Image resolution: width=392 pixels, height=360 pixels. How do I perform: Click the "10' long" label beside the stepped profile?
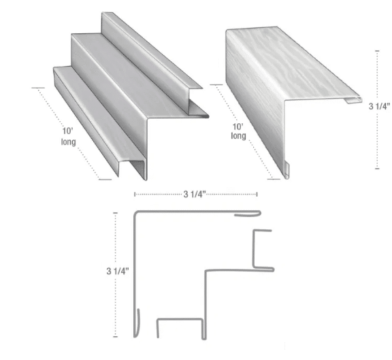pos(67,137)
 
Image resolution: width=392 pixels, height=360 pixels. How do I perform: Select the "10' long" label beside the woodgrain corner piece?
pos(238,131)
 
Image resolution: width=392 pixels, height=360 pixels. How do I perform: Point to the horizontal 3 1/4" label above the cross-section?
pos(195,194)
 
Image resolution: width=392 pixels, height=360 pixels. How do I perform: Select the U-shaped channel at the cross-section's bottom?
pos(180,327)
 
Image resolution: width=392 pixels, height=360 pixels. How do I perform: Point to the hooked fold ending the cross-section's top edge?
pos(249,215)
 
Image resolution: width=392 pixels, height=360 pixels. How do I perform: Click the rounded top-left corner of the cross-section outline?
pos(135,216)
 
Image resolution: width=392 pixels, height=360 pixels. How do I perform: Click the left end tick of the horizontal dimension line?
pos(135,195)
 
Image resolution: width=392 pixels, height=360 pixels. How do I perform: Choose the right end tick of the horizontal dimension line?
pos(256,195)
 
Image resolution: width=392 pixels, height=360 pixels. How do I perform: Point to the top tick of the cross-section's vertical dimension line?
pos(115,212)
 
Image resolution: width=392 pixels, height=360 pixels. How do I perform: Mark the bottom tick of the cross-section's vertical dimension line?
pos(115,337)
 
